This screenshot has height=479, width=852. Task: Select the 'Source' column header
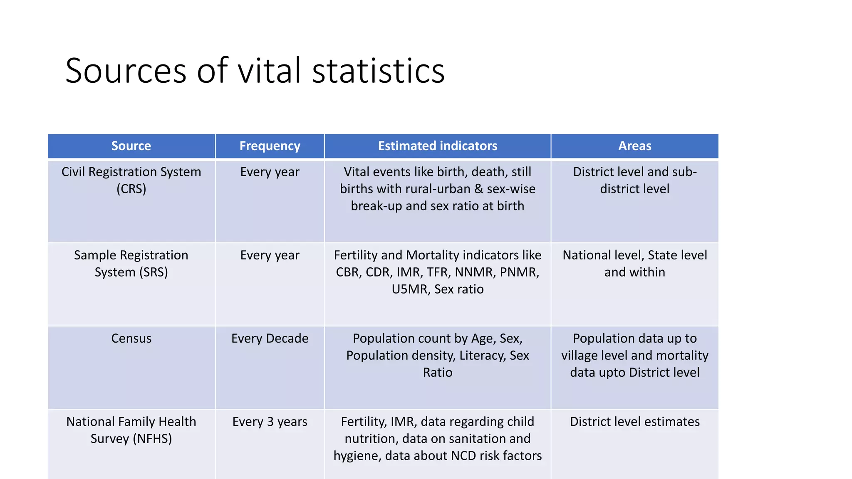coord(131,146)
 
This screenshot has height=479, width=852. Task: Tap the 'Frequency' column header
coord(270,146)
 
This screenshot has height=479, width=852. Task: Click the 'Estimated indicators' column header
coord(437,146)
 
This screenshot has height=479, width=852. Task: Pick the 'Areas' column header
coord(634,146)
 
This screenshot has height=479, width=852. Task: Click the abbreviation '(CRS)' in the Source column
coord(131,189)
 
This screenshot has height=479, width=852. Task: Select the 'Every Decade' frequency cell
coord(270,338)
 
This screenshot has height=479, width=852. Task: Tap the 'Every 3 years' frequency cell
coord(270,422)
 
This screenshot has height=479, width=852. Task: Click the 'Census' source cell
coord(131,338)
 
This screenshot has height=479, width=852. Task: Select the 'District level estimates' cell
coord(634,422)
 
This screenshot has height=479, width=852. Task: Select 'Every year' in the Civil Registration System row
coord(270,172)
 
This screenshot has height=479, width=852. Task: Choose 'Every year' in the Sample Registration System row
coord(270,255)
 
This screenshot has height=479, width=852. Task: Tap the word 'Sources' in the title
coord(126,71)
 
